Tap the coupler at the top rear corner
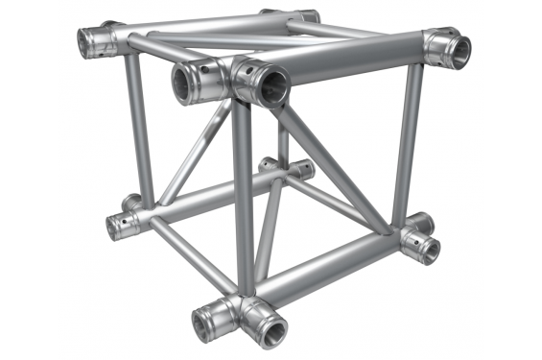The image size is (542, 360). click(x=305, y=17)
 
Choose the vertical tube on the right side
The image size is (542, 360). click(x=407, y=144)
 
